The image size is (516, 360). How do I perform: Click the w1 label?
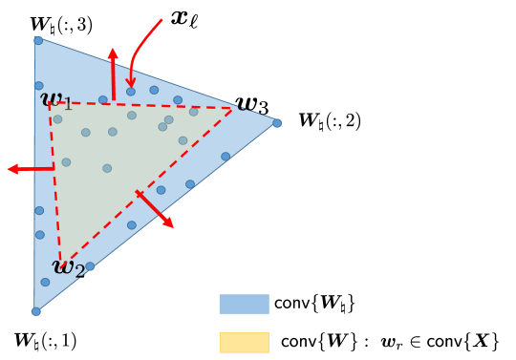(55, 99)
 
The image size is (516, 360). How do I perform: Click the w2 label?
(67, 267)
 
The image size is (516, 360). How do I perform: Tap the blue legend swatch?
(244, 304)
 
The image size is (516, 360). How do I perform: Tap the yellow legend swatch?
(244, 342)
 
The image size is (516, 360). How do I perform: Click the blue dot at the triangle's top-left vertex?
(38, 40)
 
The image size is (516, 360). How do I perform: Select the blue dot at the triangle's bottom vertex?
(36, 311)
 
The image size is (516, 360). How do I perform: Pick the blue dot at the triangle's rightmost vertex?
(277, 123)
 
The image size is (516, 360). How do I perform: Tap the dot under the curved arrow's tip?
(131, 92)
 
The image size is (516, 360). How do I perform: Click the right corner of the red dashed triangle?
(233, 109)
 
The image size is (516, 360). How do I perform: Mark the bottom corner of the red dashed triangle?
(60, 262)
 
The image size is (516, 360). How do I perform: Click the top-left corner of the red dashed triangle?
(50, 103)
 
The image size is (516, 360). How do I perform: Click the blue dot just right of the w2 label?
(90, 267)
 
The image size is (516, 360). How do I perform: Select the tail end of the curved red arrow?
(161, 20)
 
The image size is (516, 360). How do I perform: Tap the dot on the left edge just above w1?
(39, 86)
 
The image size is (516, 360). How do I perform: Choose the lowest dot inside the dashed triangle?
(107, 168)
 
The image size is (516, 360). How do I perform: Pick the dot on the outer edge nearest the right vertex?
(226, 157)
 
